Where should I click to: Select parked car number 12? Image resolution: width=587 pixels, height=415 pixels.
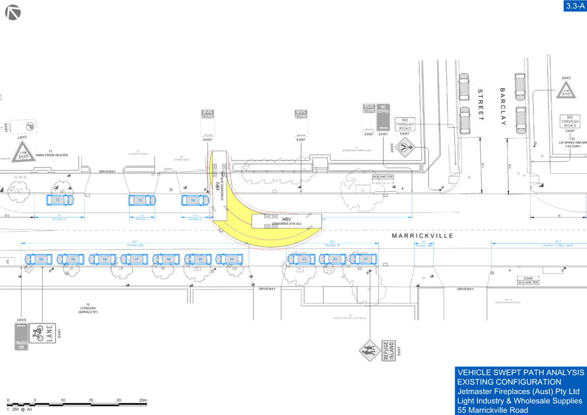(60, 200)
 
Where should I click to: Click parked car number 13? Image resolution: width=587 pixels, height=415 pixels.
(142, 200)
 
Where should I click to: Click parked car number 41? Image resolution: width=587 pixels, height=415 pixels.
(364, 259)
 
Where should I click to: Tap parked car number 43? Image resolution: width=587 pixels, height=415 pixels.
(302, 259)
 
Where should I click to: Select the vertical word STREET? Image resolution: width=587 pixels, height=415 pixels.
(481, 105)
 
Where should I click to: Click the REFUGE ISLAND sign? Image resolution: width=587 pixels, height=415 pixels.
(389, 351)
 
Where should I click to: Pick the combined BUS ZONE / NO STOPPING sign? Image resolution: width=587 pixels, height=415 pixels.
(376, 117)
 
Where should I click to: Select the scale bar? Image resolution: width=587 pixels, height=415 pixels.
(77, 404)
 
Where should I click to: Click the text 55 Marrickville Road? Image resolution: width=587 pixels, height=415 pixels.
(493, 410)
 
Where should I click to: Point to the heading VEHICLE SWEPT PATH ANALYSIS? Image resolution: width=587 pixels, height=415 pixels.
(521, 372)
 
